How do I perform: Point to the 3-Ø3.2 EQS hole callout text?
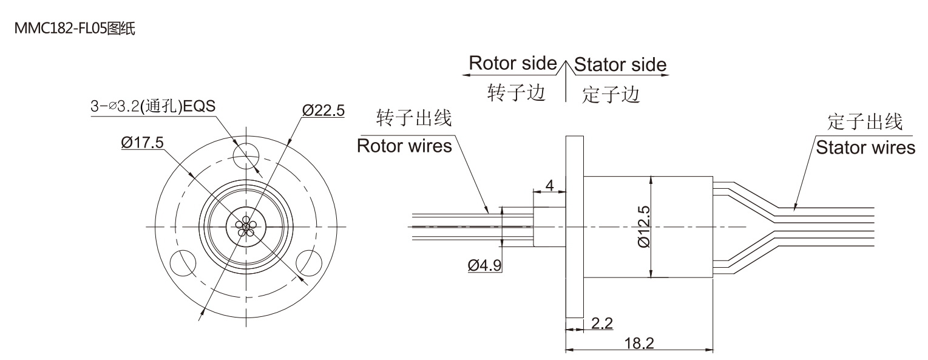[152, 106]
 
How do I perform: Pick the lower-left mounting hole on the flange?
[182, 263]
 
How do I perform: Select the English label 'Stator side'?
[620, 64]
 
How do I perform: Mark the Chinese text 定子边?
[611, 95]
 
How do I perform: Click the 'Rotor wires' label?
[404, 146]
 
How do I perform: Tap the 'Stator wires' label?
[865, 148]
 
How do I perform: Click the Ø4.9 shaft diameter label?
[484, 265]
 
